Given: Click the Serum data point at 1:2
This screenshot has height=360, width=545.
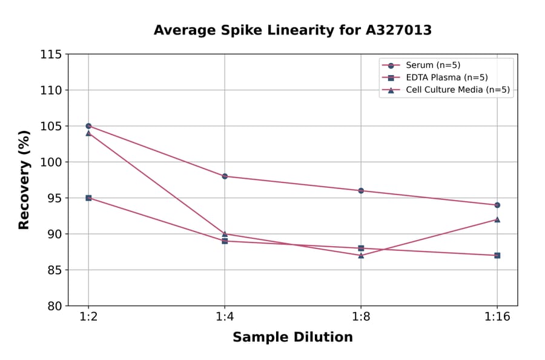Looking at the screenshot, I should coord(88,126).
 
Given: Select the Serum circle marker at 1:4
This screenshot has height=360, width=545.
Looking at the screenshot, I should coord(225,176).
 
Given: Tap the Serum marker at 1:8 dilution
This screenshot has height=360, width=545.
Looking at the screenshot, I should coord(361,191).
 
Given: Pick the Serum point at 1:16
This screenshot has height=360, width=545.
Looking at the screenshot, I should coord(497,205).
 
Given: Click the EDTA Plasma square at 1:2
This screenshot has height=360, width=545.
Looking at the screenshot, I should coord(88,198).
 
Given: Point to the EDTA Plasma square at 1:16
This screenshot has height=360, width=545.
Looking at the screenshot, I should coord(497,255).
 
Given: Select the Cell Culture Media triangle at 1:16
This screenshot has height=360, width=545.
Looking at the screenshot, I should coord(497,219).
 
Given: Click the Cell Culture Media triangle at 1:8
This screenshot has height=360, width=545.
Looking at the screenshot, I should coord(361,255).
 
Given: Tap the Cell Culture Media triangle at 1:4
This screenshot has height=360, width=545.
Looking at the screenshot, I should coord(225,233).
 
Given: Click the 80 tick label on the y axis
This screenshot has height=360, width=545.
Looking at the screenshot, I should coord(54,306).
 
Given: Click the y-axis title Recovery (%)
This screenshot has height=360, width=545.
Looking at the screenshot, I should coord(24,180).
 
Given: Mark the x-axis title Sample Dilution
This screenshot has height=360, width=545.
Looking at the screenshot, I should coord(292,338).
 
